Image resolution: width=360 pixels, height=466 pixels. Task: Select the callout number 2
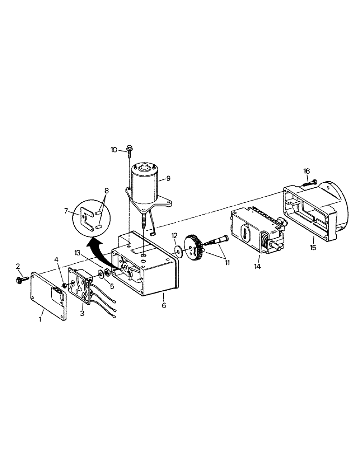tap(18, 267)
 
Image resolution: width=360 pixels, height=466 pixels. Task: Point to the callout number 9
tap(167, 178)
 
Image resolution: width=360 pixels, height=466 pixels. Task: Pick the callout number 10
tap(114, 150)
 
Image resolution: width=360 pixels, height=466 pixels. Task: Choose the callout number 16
tap(306, 171)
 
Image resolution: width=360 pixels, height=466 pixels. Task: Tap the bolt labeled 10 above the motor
tap(128, 151)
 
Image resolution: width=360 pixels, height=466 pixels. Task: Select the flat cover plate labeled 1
tap(48, 296)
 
